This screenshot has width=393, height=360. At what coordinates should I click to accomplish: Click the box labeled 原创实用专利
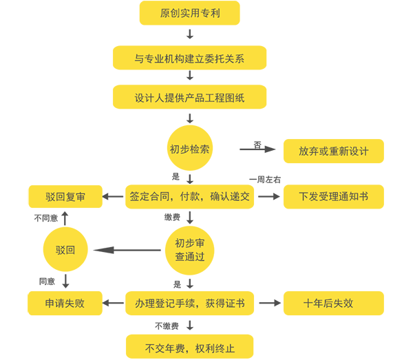pyautogui.click(x=189, y=13)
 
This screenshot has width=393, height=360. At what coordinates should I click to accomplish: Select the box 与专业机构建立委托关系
pyautogui.click(x=189, y=58)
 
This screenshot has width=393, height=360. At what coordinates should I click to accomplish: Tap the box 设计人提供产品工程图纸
pyautogui.click(x=189, y=97)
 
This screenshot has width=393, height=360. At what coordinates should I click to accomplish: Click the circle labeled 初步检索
pyautogui.click(x=190, y=148)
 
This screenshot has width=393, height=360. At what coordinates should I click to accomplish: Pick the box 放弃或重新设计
pyautogui.click(x=334, y=151)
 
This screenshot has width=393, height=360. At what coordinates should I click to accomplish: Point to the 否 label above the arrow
pyautogui.click(x=257, y=145)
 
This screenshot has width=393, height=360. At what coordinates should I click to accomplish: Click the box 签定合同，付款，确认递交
pyautogui.click(x=189, y=197)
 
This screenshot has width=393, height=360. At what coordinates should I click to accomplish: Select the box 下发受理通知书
pyautogui.click(x=334, y=197)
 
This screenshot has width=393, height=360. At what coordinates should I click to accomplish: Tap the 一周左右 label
pyautogui.click(x=265, y=180)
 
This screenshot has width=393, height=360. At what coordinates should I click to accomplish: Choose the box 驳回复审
pyautogui.click(x=65, y=197)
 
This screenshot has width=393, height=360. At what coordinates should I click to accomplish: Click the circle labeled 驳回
pyautogui.click(x=65, y=249)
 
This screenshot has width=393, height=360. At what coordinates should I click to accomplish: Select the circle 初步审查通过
pyautogui.click(x=190, y=250)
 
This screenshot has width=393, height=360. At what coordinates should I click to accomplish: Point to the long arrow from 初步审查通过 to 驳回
pyautogui.click(x=127, y=250)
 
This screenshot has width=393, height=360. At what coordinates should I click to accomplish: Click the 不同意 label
pyautogui.click(x=46, y=218)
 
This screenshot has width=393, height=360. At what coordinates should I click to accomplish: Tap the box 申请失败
pyautogui.click(x=65, y=303)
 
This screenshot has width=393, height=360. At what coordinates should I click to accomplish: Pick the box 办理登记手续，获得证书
pyautogui.click(x=189, y=303)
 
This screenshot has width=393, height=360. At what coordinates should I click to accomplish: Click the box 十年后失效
pyautogui.click(x=334, y=303)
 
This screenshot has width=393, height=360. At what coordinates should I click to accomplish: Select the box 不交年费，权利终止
pyautogui.click(x=189, y=346)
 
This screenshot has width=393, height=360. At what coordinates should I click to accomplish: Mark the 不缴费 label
pyautogui.click(x=167, y=326)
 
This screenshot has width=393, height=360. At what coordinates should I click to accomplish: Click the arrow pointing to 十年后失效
pyautogui.click(x=270, y=303)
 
